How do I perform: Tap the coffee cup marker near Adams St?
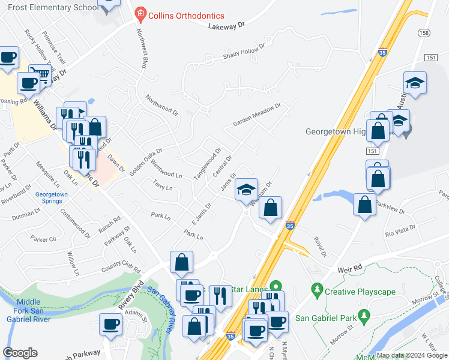click(110, 325)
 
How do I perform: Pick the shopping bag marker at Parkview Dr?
click(364, 205)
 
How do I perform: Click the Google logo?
click(20, 353)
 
